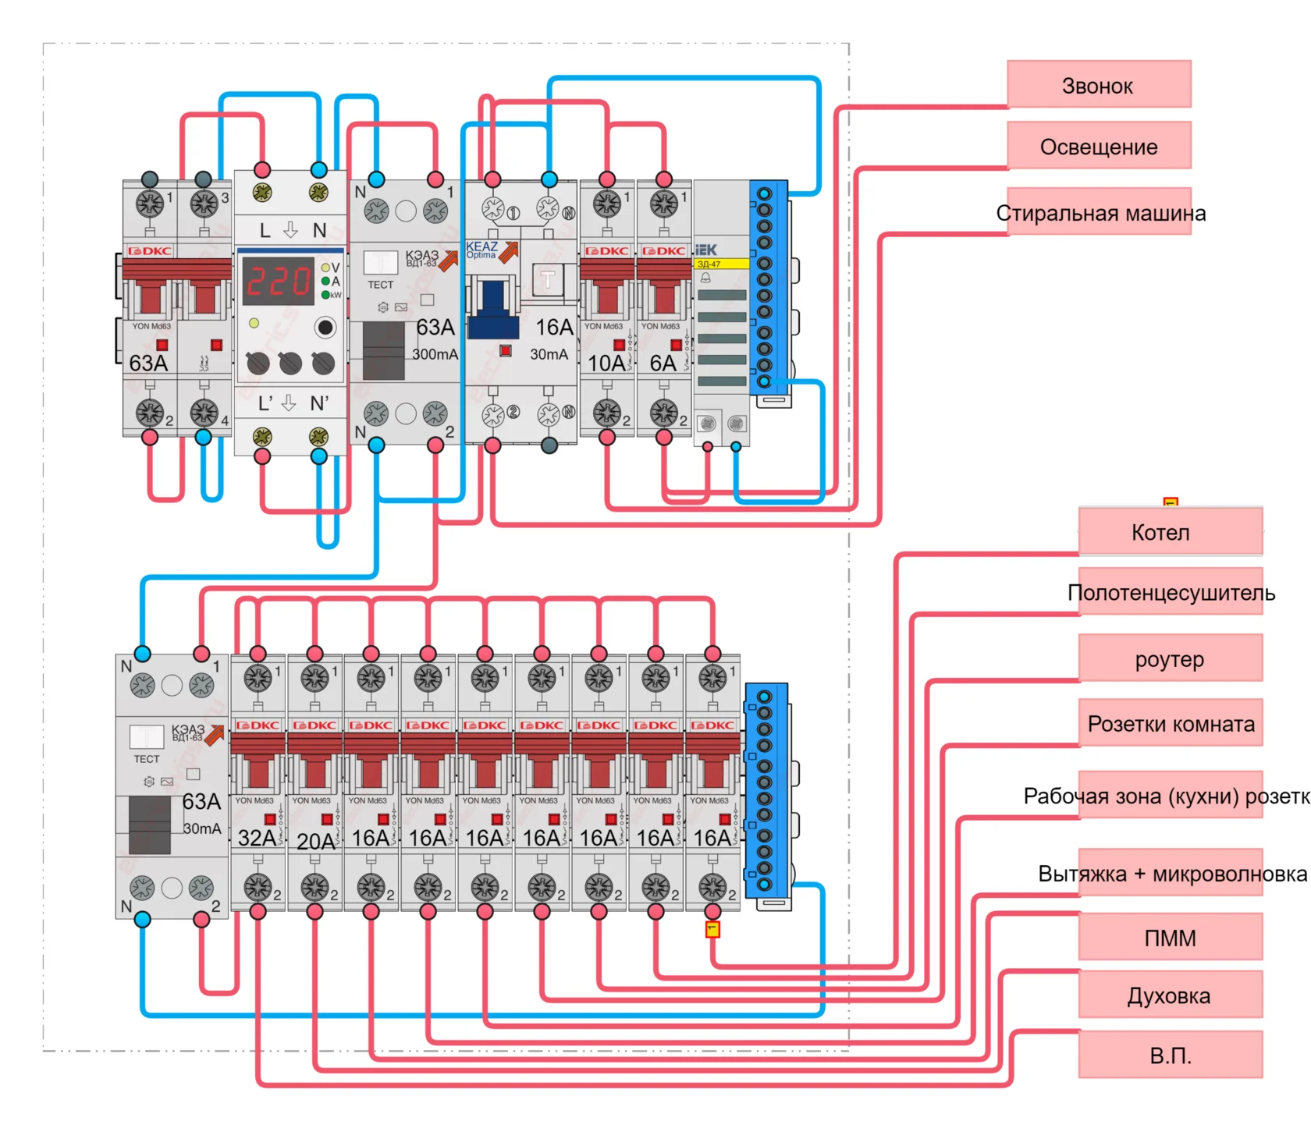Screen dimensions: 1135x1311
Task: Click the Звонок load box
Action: click(x=1098, y=84)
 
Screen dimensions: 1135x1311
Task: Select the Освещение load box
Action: click(x=1098, y=146)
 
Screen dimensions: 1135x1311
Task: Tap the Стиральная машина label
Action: click(x=1100, y=213)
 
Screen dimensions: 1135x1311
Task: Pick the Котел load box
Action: click(x=1170, y=531)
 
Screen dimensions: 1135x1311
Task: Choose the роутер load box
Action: click(x=1170, y=658)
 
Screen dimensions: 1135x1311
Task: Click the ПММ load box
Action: click(x=1170, y=937)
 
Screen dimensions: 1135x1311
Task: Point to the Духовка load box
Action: click(x=1170, y=995)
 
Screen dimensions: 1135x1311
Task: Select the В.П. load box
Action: click(x=1170, y=1055)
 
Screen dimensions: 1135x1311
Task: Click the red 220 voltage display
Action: click(x=278, y=282)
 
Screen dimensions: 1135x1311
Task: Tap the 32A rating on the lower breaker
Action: click(x=257, y=838)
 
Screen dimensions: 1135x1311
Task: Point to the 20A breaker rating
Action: click(x=315, y=841)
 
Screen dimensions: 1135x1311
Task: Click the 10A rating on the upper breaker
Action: click(x=606, y=363)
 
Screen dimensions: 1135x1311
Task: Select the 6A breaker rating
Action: click(x=663, y=363)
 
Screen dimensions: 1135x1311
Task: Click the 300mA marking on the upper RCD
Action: click(x=435, y=354)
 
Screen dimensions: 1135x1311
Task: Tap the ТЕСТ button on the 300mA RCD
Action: click(x=380, y=263)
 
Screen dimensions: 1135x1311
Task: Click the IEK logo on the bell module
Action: click(x=705, y=250)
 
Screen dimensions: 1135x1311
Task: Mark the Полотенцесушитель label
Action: click(x=1171, y=593)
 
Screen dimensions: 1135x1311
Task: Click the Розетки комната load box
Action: click(x=1170, y=724)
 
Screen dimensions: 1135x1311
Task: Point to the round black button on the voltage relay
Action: click(x=325, y=327)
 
